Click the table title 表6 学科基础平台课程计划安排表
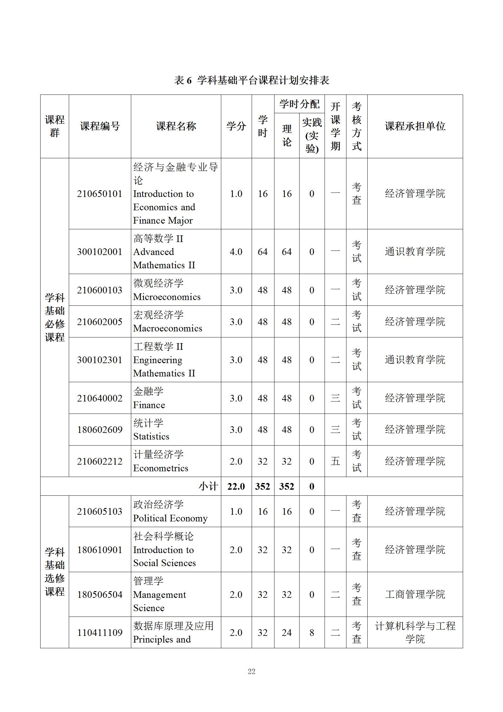click(x=251, y=80)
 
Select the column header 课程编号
click(x=100, y=126)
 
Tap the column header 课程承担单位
click(x=415, y=126)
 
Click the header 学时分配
click(x=299, y=104)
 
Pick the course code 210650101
click(x=100, y=194)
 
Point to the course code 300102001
click(x=100, y=252)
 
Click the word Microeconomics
click(x=167, y=297)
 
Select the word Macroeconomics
click(x=167, y=328)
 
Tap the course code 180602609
click(x=100, y=430)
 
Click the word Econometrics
click(x=160, y=468)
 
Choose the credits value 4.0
click(x=236, y=252)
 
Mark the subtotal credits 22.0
click(x=236, y=487)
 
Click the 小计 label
click(x=208, y=487)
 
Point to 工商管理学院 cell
click(x=415, y=594)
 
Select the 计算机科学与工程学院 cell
click(x=415, y=632)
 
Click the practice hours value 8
click(x=312, y=633)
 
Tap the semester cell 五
click(x=335, y=461)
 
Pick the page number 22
click(x=251, y=671)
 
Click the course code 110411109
click(x=100, y=633)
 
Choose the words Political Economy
click(x=170, y=518)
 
